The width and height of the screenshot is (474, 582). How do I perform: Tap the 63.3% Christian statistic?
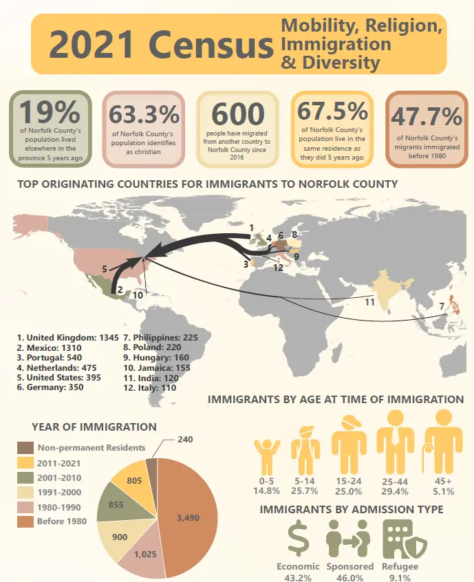[144, 114]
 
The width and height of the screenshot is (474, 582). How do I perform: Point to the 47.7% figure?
[427, 116]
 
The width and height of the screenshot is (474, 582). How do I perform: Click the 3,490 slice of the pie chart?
[187, 517]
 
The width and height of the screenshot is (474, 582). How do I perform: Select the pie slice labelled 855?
[116, 504]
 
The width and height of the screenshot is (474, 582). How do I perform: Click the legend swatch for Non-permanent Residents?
[25, 447]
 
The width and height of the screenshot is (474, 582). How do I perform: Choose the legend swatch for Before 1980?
[25, 521]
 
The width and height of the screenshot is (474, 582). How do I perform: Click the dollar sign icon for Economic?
[299, 539]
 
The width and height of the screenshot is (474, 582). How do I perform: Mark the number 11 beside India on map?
[369, 301]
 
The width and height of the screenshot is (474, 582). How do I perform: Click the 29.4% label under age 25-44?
[394, 491]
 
